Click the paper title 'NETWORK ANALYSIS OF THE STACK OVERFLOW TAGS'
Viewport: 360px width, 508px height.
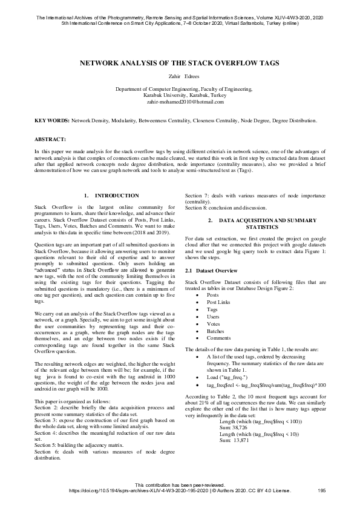pyautogui.click(x=180, y=63)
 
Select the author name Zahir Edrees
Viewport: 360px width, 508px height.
pyautogui.click(x=180, y=76)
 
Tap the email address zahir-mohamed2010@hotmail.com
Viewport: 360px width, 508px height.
pyautogui.click(x=180, y=102)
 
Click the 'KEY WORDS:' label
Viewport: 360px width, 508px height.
pyautogui.click(x=52, y=121)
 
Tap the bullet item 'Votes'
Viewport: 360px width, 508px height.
pyautogui.click(x=213, y=324)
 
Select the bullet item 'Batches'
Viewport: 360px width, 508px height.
pyautogui.click(x=215, y=331)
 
